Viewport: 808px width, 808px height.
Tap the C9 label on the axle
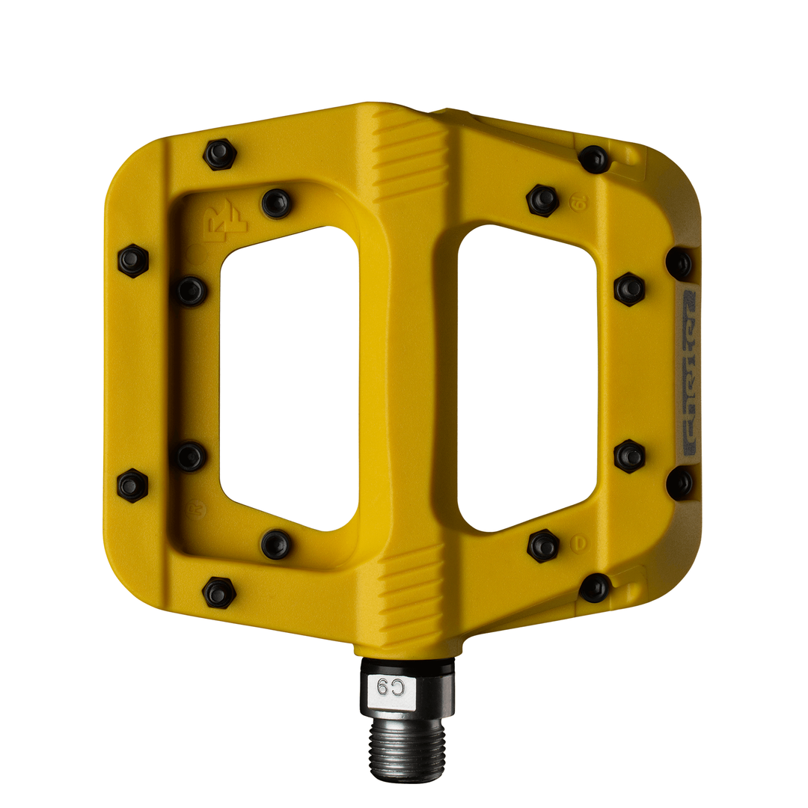[391, 687]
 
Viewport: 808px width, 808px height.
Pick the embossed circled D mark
[578, 543]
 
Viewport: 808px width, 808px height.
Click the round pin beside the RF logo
[276, 203]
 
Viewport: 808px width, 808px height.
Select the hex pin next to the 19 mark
[542, 200]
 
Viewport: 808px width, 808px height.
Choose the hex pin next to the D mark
[543, 545]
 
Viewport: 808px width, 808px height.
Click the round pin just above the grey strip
[679, 263]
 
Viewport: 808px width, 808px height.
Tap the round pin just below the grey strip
[679, 483]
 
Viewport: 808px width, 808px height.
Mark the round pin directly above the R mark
[191, 456]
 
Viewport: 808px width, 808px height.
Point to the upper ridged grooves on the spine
[409, 154]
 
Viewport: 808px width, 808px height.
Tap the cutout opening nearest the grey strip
[527, 378]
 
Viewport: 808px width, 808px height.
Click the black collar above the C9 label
[407, 666]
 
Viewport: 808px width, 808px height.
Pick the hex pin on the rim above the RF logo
[220, 154]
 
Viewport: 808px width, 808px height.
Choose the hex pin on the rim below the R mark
[219, 593]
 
